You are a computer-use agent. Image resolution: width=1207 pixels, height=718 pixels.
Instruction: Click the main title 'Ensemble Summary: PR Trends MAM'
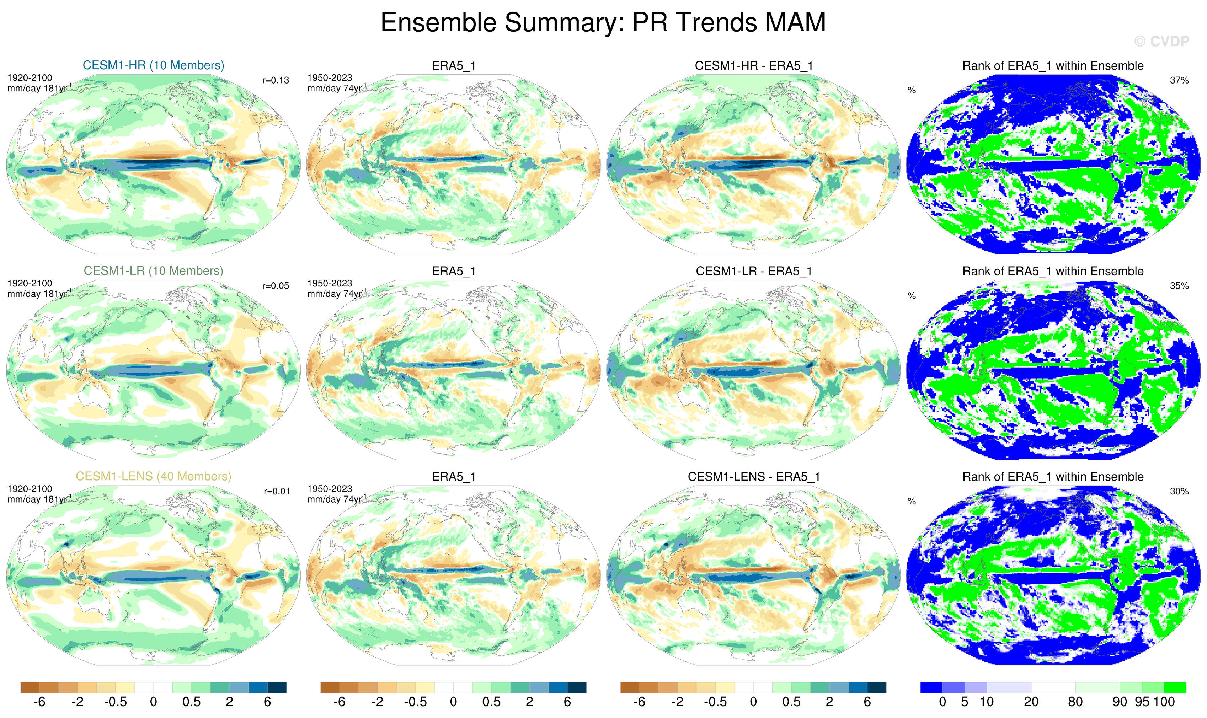pos(603,22)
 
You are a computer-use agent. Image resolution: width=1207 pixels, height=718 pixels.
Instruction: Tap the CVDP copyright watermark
pos(1161,42)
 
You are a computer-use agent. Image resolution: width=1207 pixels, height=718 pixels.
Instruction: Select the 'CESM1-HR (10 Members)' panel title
pos(154,65)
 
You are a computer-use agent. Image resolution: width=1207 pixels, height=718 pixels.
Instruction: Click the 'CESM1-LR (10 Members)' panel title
pos(154,271)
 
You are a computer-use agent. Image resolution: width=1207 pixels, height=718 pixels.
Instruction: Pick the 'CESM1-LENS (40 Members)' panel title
pos(154,477)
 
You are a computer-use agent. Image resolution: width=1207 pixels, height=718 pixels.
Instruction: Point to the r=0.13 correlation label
pos(276,80)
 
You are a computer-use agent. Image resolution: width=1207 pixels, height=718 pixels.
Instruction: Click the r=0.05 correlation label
pos(276,286)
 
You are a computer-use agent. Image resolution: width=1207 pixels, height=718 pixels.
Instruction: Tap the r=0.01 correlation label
pos(276,492)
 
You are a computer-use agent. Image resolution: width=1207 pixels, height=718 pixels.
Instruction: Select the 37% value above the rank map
pos(1179,80)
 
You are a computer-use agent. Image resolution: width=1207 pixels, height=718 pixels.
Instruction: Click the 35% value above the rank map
pos(1179,286)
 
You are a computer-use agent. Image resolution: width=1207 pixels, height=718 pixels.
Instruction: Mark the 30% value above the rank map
pos(1179,492)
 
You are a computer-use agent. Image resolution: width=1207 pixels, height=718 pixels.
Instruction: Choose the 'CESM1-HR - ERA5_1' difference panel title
pos(753,66)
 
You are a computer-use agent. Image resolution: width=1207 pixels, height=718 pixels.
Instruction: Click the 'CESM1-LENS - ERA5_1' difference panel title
pos(753,477)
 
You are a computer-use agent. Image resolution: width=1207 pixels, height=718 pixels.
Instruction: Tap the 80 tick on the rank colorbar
pos(1075,702)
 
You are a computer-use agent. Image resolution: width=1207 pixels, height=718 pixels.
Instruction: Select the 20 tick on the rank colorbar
pos(1031,702)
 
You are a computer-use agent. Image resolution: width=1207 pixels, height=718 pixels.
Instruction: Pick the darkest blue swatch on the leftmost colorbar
pos(277,687)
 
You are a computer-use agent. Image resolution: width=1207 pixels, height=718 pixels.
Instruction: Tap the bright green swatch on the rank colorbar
pos(1175,687)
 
